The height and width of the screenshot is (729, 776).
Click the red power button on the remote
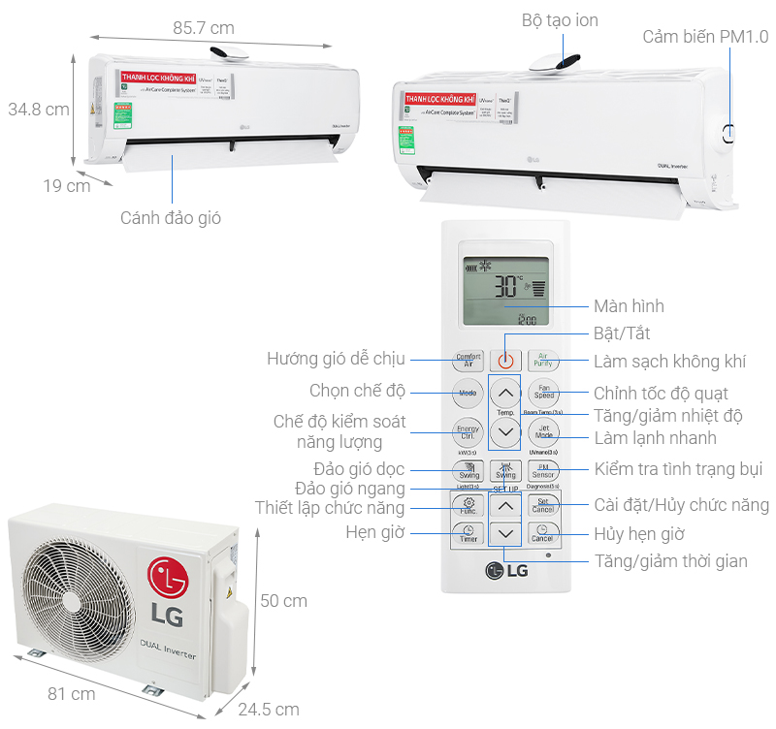coord(504,360)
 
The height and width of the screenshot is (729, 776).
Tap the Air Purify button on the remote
coord(543,360)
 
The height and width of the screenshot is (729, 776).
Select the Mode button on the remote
coord(468,393)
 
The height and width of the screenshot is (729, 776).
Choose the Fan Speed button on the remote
coord(543,393)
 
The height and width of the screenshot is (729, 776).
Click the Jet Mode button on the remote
coord(543,431)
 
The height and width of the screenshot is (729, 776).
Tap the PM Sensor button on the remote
coord(543,471)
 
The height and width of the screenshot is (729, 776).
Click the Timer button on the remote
coord(468,534)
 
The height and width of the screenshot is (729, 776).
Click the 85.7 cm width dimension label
coord(205,27)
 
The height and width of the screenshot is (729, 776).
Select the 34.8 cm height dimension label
coord(39,109)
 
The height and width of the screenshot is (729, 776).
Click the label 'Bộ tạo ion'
coord(560,20)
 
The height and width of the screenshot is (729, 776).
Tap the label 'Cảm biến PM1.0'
coord(705,37)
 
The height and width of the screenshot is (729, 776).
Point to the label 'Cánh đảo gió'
coord(171,218)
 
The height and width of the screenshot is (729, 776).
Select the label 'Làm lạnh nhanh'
coord(655,438)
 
